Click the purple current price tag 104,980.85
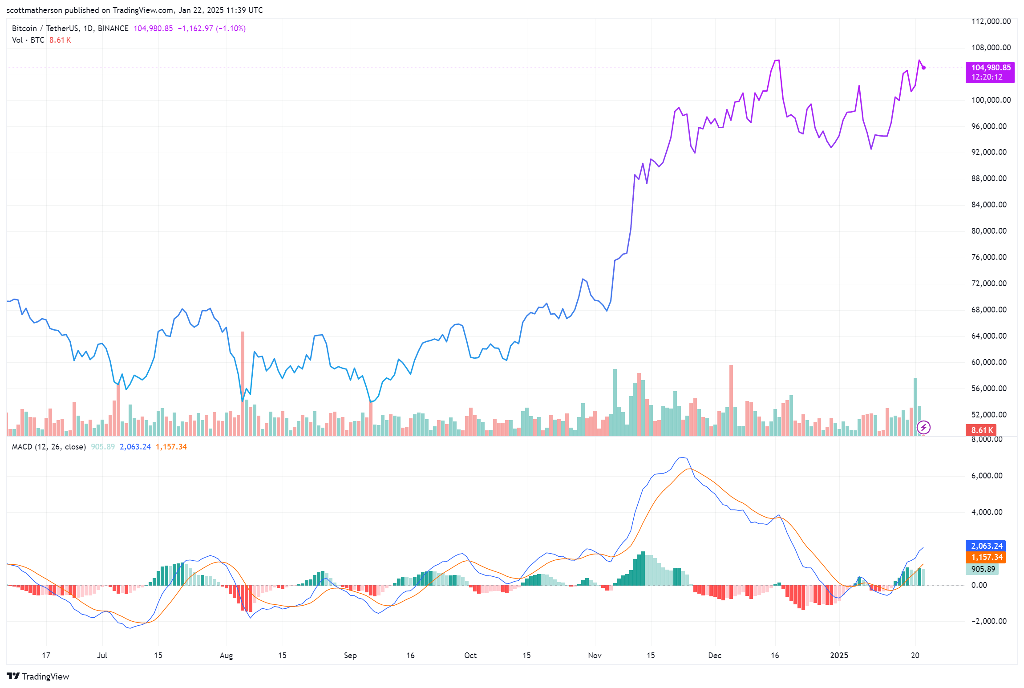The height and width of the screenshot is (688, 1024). click(x=990, y=68)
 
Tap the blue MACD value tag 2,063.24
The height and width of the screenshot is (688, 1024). click(x=986, y=546)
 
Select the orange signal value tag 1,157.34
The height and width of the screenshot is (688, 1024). click(x=986, y=557)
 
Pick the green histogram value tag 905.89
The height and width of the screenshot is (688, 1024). click(x=982, y=569)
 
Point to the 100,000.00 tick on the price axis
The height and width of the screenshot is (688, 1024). click(x=991, y=100)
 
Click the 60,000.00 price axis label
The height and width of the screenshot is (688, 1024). click(x=989, y=362)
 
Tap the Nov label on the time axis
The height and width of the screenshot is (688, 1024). click(x=595, y=656)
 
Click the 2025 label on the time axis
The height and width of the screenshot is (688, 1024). click(x=839, y=656)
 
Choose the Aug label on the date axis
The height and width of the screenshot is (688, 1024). click(x=226, y=656)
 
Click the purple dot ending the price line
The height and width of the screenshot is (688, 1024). click(x=924, y=68)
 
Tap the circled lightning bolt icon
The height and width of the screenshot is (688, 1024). click(x=924, y=428)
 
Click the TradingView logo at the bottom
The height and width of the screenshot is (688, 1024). click(x=38, y=676)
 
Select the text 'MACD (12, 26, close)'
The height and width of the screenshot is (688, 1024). click(x=49, y=447)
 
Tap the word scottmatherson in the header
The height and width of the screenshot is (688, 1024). click(x=34, y=10)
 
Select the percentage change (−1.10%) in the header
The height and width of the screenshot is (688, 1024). click(x=231, y=28)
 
